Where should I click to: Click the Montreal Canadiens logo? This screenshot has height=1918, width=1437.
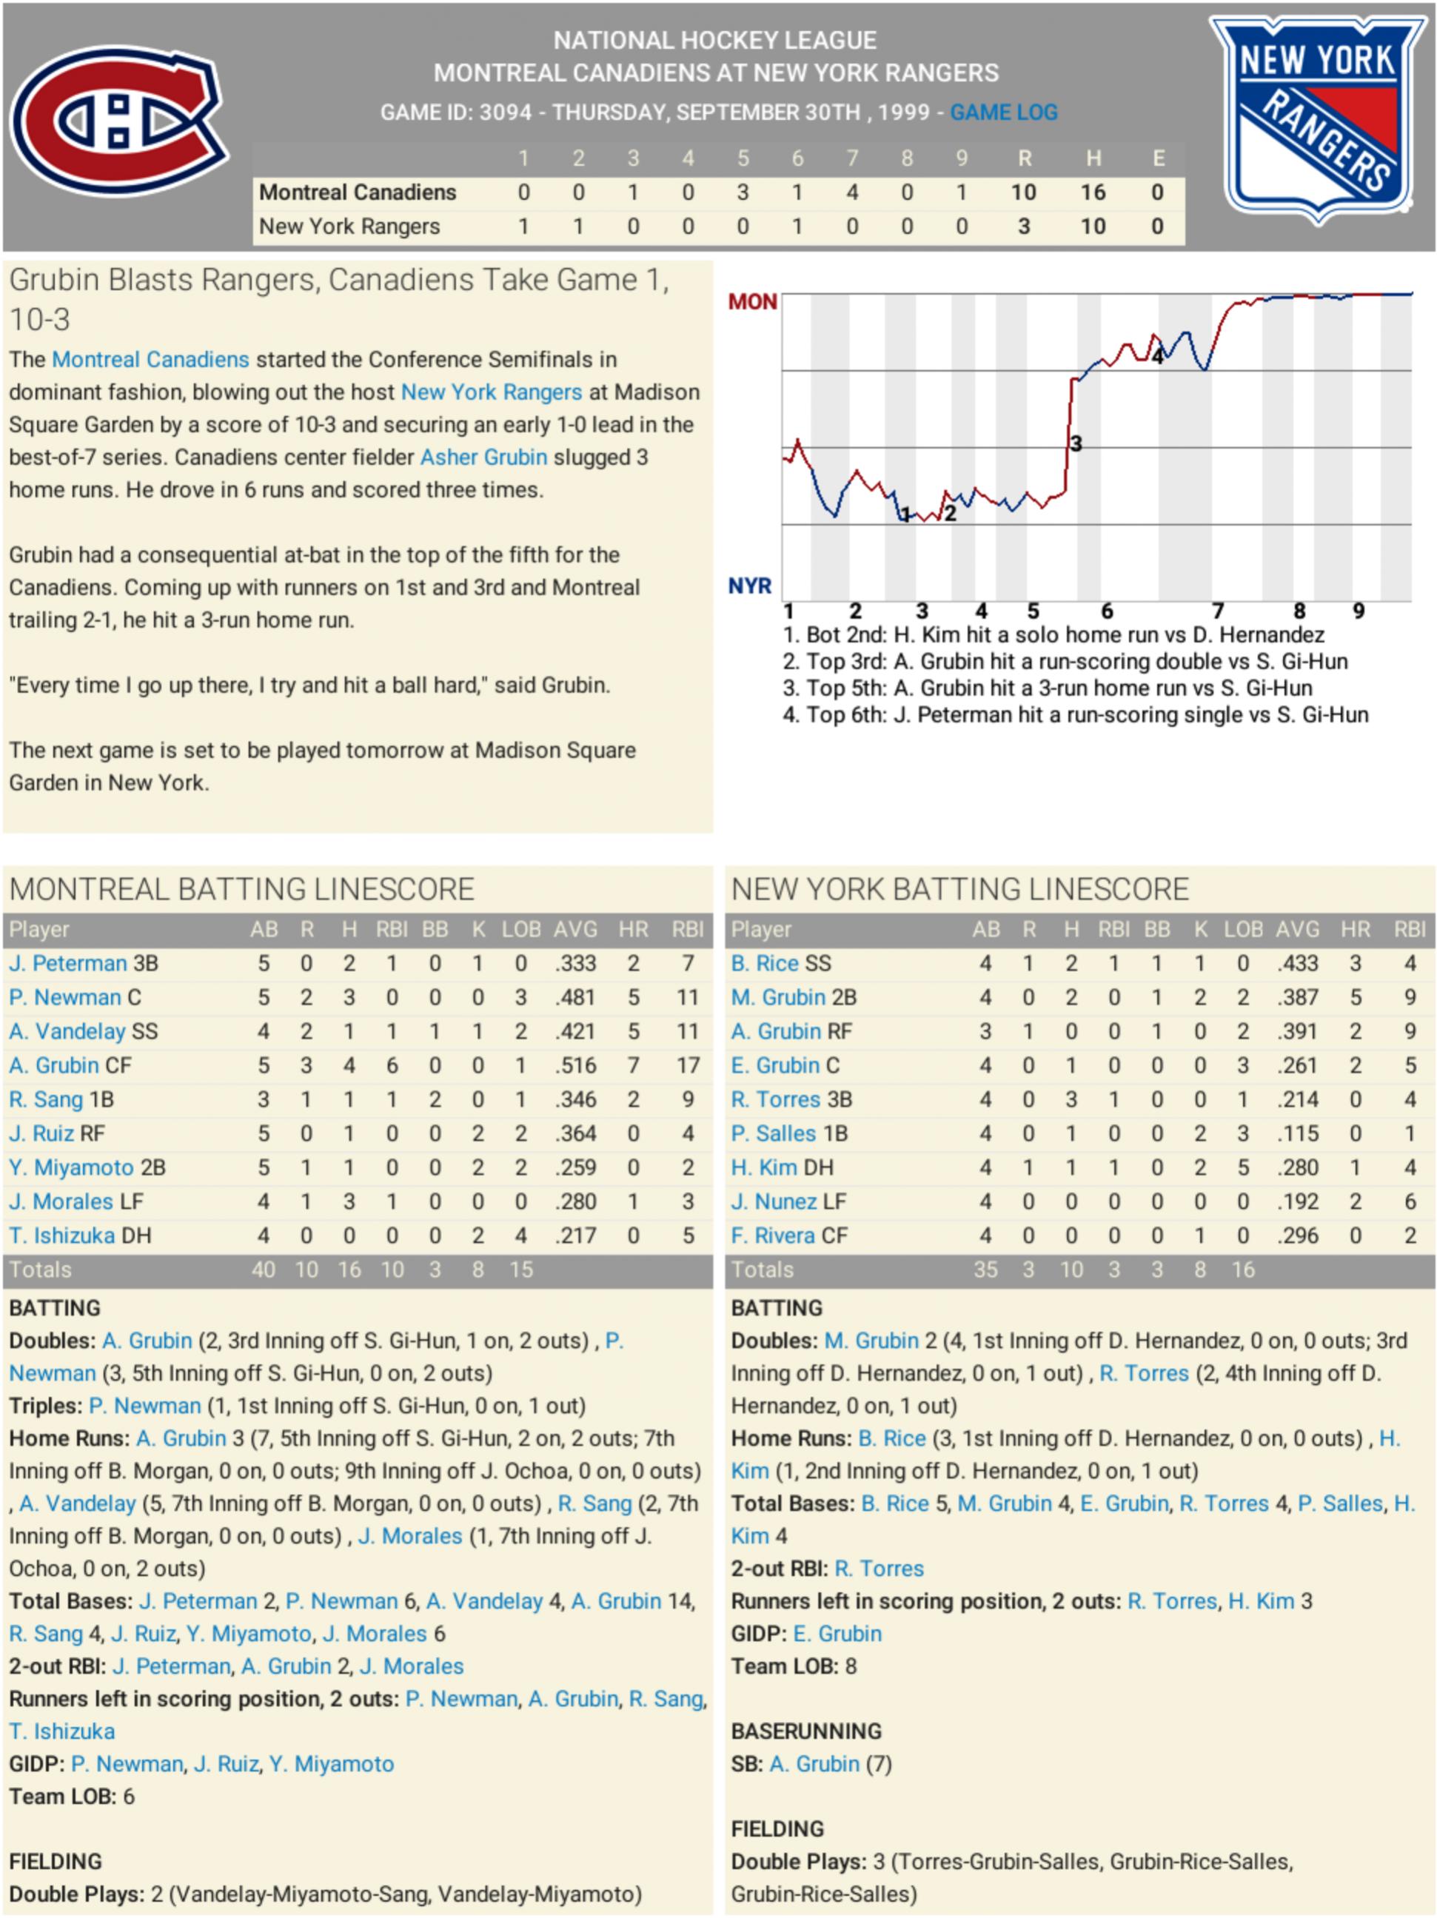pyautogui.click(x=118, y=121)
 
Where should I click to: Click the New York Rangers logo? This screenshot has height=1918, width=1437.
pyautogui.click(x=1317, y=117)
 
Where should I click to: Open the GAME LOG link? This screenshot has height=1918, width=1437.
pyautogui.click(x=1003, y=113)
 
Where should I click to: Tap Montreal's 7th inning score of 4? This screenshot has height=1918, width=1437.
pyautogui.click(x=851, y=192)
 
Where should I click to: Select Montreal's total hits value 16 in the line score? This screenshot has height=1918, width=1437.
pyautogui.click(x=1092, y=192)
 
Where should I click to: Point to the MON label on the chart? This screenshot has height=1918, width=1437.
pyautogui.click(x=752, y=302)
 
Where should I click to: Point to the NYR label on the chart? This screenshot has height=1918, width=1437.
pyautogui.click(x=749, y=586)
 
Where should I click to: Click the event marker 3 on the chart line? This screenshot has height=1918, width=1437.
pyautogui.click(x=1076, y=444)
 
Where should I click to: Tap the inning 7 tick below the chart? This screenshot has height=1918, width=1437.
pyautogui.click(x=1218, y=611)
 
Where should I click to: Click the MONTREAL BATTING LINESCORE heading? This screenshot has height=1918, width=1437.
pyautogui.click(x=242, y=890)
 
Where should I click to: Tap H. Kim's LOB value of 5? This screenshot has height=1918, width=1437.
pyautogui.click(x=1243, y=1168)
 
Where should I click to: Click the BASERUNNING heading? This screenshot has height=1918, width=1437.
pyautogui.click(x=805, y=1731)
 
